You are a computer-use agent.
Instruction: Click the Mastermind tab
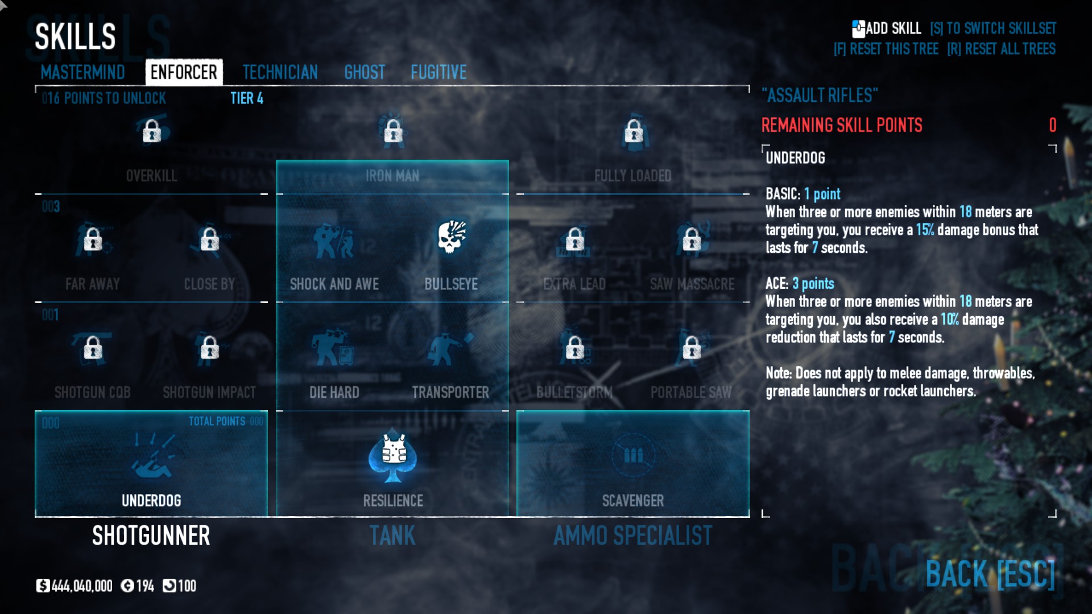82,72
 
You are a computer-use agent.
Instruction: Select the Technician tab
280,72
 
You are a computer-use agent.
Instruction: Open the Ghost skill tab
365,72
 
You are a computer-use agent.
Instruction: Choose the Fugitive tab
439,72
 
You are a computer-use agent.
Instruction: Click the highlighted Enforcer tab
184,72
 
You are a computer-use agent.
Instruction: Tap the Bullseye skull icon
452,238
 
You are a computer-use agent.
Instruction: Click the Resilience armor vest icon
393,455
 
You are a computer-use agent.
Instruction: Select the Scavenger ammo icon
633,455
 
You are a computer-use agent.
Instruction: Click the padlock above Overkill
152,131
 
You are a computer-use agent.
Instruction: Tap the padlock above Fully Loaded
634,131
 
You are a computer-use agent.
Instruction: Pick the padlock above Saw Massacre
692,239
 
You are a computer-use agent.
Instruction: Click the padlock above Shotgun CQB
93,348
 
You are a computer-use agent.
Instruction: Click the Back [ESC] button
990,574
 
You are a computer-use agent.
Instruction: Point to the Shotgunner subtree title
151,536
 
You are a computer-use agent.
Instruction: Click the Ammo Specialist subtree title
633,536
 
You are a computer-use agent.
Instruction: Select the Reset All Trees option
1001,49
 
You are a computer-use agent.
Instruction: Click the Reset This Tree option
886,49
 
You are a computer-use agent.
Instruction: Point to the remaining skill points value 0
1053,125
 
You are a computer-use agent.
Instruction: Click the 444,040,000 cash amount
81,586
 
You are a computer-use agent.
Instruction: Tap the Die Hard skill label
334,392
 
